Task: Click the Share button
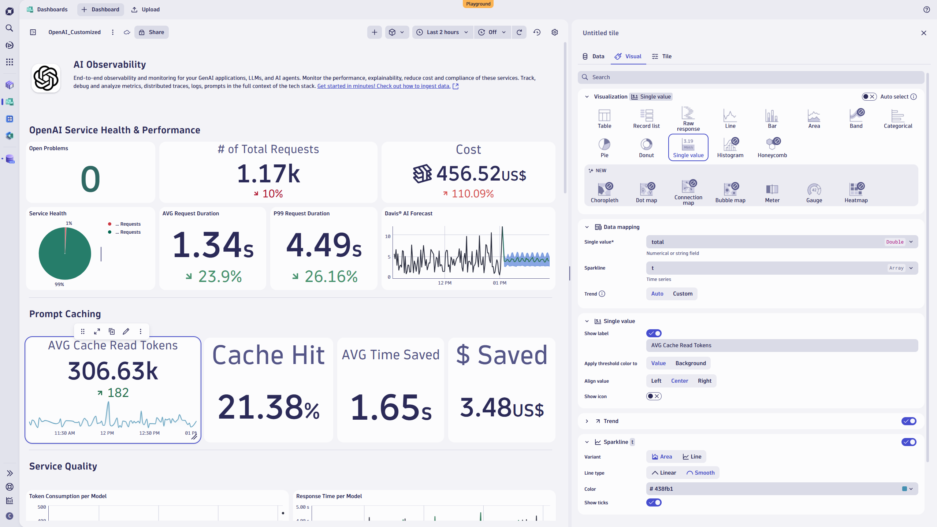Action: pyautogui.click(x=151, y=32)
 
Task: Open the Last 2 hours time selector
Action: pyautogui.click(x=442, y=32)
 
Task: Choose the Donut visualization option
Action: pyautogui.click(x=646, y=148)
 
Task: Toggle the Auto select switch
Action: pyautogui.click(x=869, y=97)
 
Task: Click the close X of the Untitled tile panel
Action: pyautogui.click(x=923, y=33)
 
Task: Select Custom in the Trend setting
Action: pyautogui.click(x=683, y=294)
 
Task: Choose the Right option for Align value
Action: pyautogui.click(x=704, y=381)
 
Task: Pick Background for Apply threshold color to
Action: pyautogui.click(x=691, y=363)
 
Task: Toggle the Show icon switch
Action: pyautogui.click(x=654, y=396)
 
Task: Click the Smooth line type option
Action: pyautogui.click(x=700, y=473)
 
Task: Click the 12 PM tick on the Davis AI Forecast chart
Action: pyautogui.click(x=445, y=283)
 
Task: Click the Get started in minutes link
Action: pyautogui.click(x=384, y=86)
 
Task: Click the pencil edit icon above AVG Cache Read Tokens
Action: pyautogui.click(x=126, y=331)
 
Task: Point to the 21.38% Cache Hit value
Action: pyautogui.click(x=268, y=408)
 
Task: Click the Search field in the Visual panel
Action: pyautogui.click(x=751, y=77)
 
